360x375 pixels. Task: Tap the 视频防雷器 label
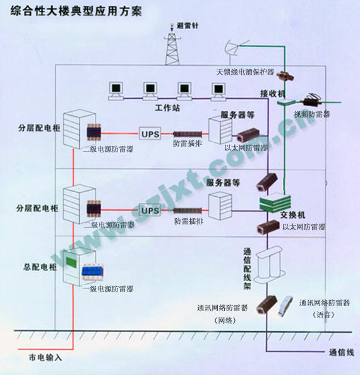pyautogui.click(x=311, y=115)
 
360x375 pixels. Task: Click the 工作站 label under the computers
pyautogui.click(x=167, y=109)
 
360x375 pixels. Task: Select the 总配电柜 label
pyautogui.click(x=39, y=267)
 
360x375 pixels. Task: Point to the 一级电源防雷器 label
pyautogui.click(x=108, y=289)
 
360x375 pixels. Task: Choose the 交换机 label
pyautogui.click(x=292, y=214)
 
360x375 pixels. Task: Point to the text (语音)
pyautogui.click(x=323, y=315)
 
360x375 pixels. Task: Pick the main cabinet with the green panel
pyautogui.click(x=74, y=266)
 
